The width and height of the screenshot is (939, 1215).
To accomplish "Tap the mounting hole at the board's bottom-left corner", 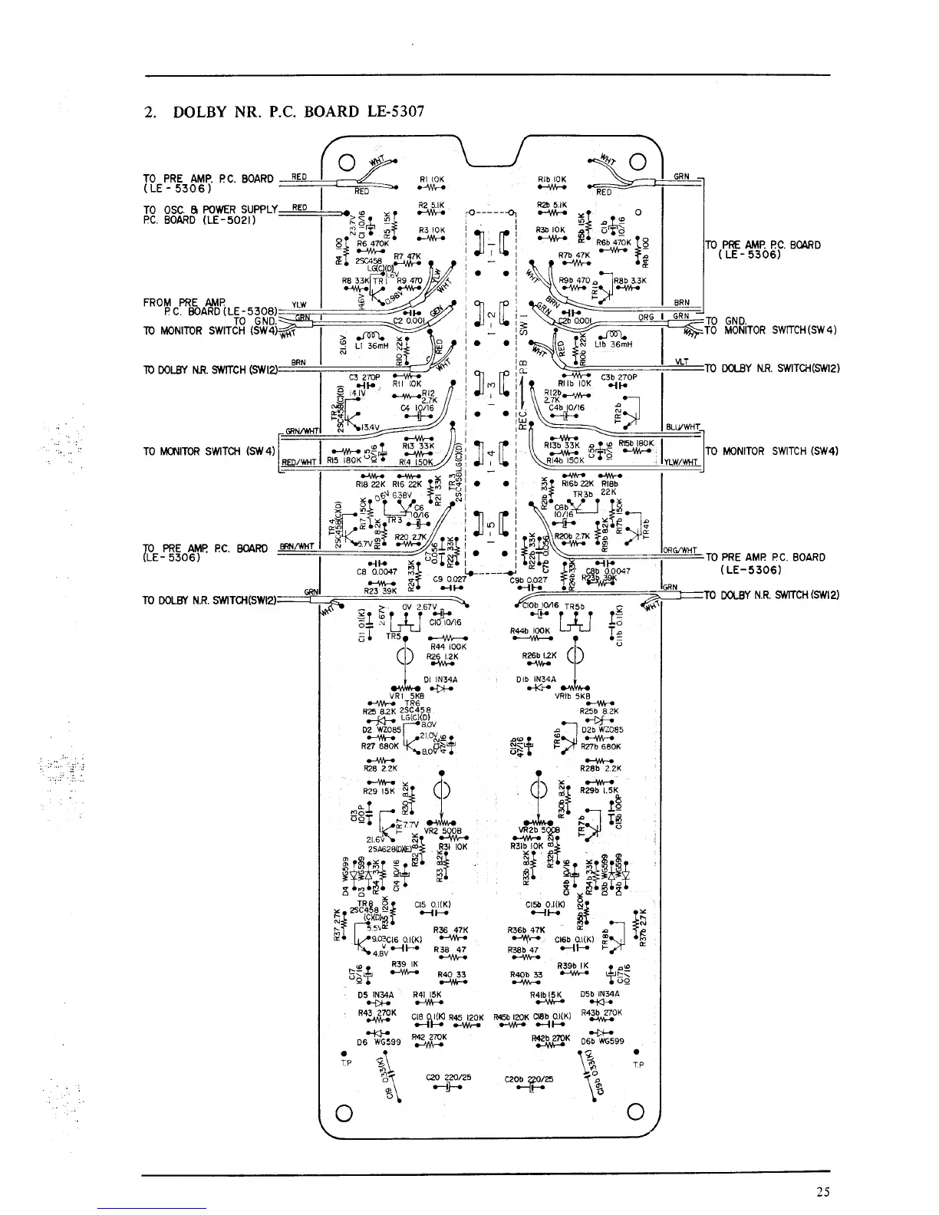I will (x=344, y=1113).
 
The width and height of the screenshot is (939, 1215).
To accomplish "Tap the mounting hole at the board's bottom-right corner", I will (x=635, y=1112).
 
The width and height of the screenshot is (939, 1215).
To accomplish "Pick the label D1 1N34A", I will (x=440, y=680).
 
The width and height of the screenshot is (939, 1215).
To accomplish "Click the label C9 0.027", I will (x=450, y=580).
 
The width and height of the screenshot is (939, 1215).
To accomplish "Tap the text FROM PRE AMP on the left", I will (x=177, y=301).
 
